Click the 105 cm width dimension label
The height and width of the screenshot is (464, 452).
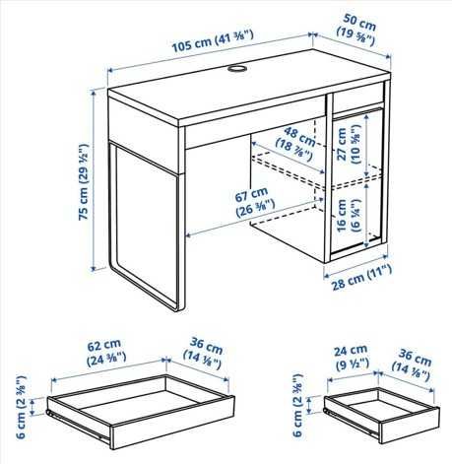[213, 41]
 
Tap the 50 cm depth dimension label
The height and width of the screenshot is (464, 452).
[356, 30]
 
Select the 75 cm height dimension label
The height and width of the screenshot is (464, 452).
[84, 181]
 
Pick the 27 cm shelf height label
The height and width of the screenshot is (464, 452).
[349, 145]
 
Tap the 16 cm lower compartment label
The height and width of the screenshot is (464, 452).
[349, 216]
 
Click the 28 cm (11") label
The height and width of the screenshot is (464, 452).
[361, 278]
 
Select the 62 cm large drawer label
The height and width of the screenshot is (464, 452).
[106, 352]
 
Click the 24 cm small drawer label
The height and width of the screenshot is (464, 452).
[352, 358]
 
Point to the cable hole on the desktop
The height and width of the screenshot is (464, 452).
[237, 68]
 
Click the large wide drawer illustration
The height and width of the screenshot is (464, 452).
[141, 412]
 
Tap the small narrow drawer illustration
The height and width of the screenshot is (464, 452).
[382, 415]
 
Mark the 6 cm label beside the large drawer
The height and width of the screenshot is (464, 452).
[22, 407]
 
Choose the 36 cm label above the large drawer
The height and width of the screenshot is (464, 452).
[204, 353]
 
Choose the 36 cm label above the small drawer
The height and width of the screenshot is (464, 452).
[413, 365]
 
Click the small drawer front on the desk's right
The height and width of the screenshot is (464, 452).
[358, 98]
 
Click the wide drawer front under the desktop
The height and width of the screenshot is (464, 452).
[255, 122]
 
